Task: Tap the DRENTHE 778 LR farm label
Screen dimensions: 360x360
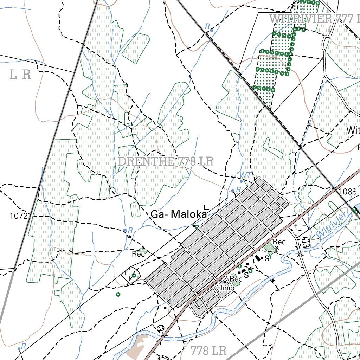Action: [x=166, y=161]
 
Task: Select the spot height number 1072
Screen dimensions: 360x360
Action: [x=19, y=216]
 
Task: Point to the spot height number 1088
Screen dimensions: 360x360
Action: [x=348, y=192]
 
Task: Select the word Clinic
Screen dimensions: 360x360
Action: [x=225, y=288]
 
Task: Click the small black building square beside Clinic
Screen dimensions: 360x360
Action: [x=225, y=282]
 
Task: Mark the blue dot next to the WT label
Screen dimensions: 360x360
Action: [x=241, y=181]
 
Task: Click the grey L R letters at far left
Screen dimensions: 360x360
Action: [x=20, y=75]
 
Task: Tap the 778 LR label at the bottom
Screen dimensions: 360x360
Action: [x=209, y=350]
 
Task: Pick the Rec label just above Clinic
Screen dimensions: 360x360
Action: [x=236, y=279]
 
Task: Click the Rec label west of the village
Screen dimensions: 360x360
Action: [x=139, y=254]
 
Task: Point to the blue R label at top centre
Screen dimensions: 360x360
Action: [x=207, y=26]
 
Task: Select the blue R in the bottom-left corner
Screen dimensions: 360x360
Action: [x=24, y=346]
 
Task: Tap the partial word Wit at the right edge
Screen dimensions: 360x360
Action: [x=353, y=131]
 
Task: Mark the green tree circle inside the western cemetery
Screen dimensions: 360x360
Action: [x=134, y=275]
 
